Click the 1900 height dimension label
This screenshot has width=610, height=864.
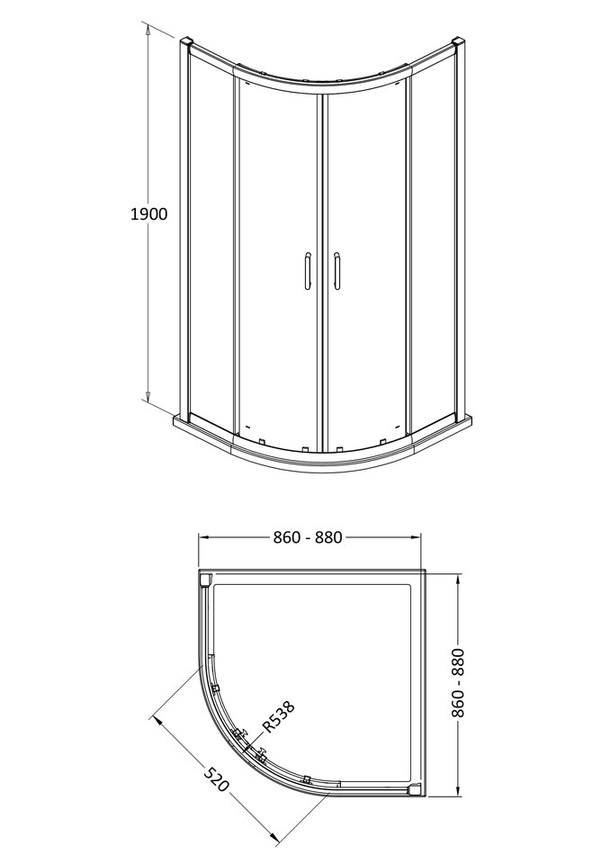coord(149,214)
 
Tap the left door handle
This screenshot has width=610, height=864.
coord(307,271)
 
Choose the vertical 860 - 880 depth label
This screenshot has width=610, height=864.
coord(460,683)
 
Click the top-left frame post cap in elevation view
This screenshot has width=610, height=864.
coord(186,42)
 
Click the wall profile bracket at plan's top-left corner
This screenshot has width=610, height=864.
coord(204,580)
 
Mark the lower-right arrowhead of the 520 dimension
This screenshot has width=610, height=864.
coord(274,837)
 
